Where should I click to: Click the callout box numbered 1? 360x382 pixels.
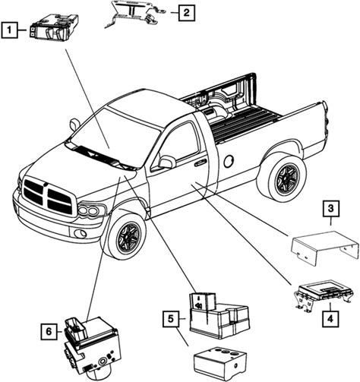pyautogui.click(x=9, y=30)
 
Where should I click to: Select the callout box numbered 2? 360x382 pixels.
pyautogui.click(x=187, y=12)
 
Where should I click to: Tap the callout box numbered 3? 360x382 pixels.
pyautogui.click(x=330, y=209)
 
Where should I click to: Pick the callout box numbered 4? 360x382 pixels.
pyautogui.click(x=330, y=319)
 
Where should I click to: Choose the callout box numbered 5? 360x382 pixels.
pyautogui.click(x=171, y=319)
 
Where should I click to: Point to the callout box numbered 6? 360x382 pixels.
pyautogui.click(x=49, y=331)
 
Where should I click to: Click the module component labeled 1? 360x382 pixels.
pyautogui.click(x=54, y=27)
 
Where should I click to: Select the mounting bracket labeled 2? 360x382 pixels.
pyautogui.click(x=134, y=14)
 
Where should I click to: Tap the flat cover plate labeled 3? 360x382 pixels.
pyautogui.click(x=325, y=248)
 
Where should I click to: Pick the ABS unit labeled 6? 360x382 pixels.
pyautogui.click(x=91, y=346)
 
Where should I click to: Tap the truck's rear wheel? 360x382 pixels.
pyautogui.click(x=285, y=178)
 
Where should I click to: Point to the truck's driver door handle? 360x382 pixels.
pyautogui.click(x=200, y=163)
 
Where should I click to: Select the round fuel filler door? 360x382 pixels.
pyautogui.click(x=229, y=161)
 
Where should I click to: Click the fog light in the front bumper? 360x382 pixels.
pyautogui.click(x=80, y=234)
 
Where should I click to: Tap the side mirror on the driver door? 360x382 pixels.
pyautogui.click(x=166, y=162)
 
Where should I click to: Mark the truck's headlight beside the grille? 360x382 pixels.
pyautogui.click(x=91, y=210)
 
